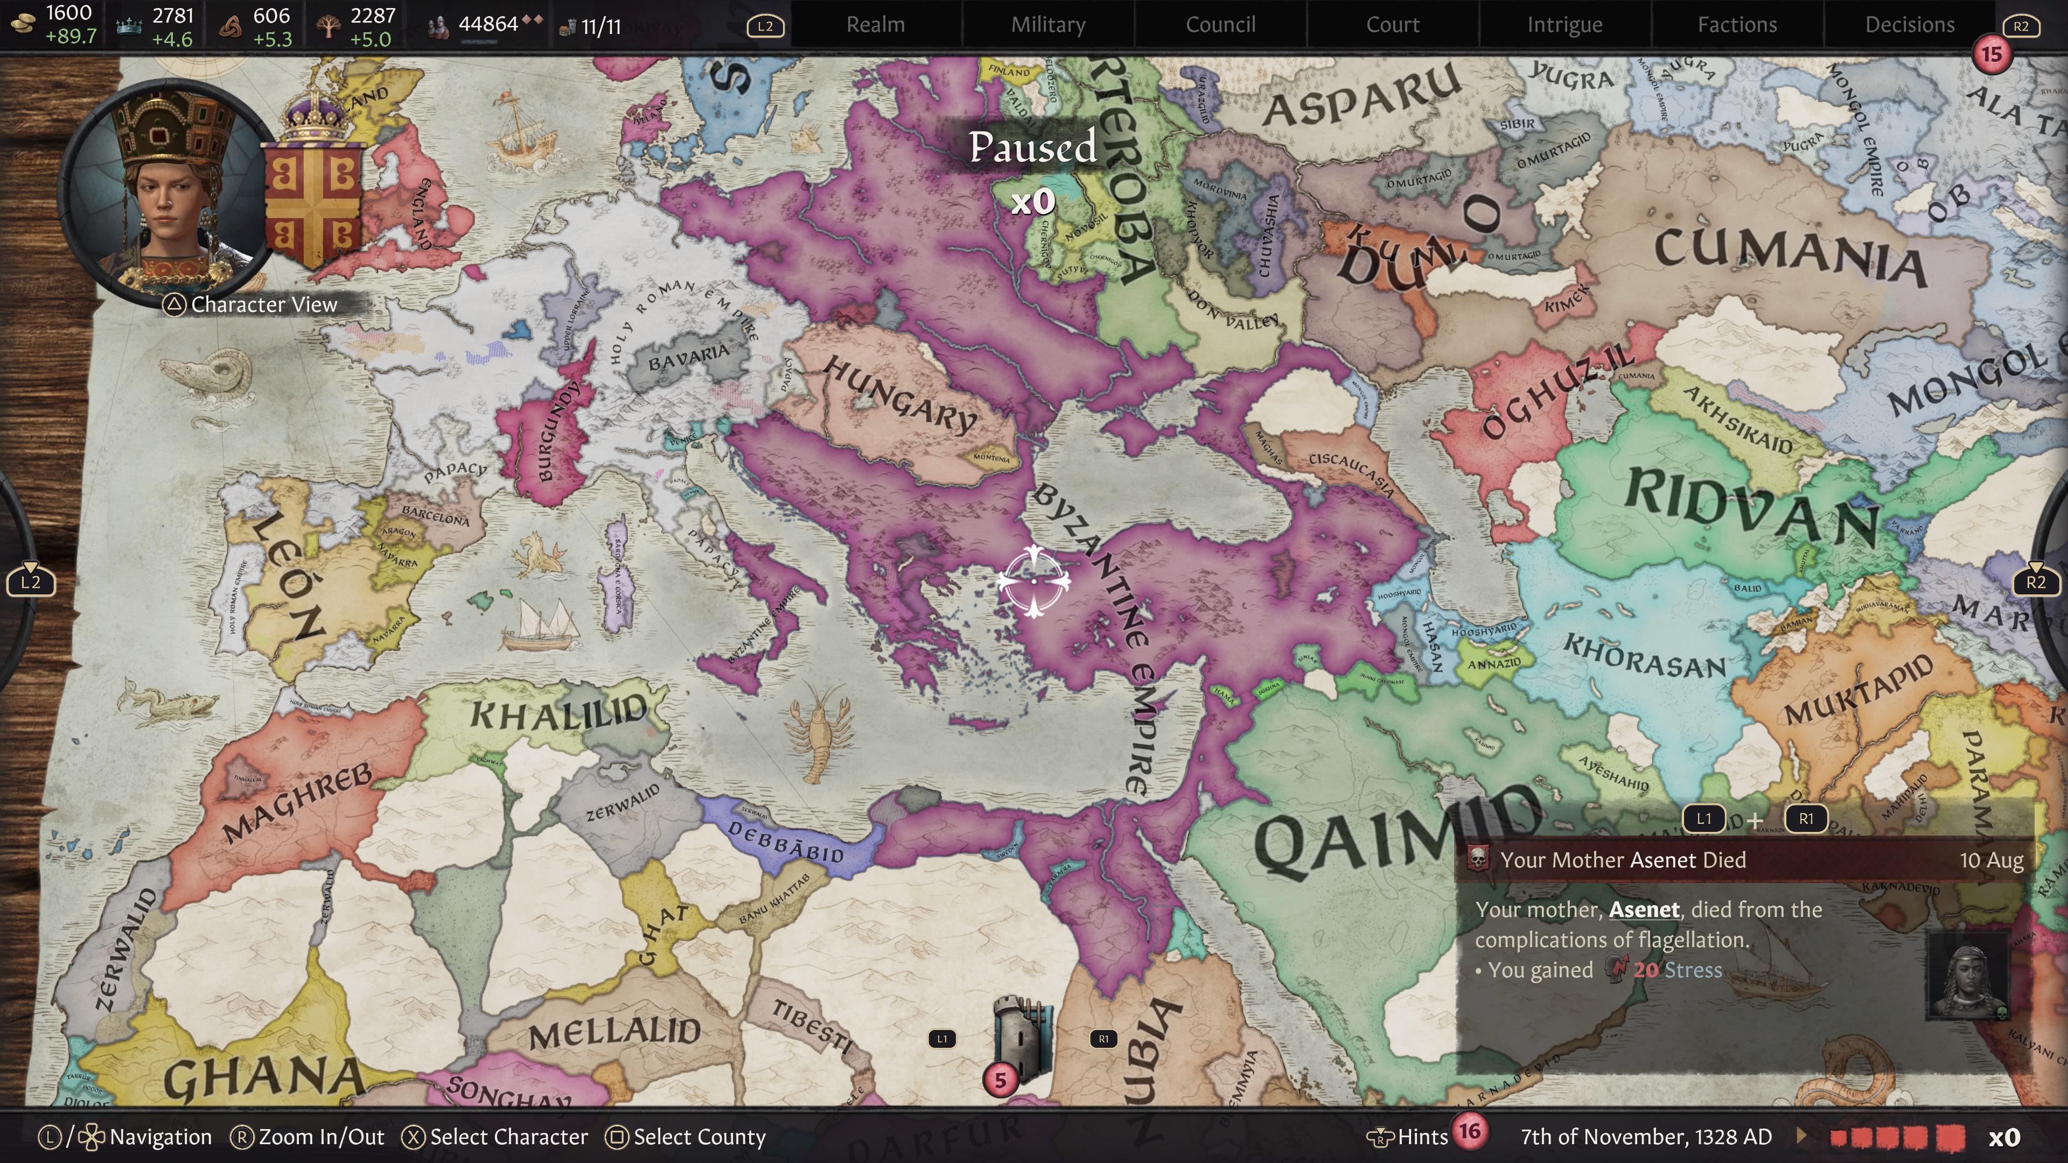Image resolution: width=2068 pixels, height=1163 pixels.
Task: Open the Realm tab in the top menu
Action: (875, 25)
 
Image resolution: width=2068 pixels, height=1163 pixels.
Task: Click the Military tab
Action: (1047, 25)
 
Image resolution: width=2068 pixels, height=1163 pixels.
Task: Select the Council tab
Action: (1220, 25)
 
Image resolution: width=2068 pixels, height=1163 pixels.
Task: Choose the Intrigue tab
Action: (1564, 25)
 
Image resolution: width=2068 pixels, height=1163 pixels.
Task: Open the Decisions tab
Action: (1910, 25)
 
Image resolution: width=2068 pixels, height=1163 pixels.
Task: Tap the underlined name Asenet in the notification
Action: (1643, 909)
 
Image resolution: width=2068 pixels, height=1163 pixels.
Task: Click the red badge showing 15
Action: (1991, 54)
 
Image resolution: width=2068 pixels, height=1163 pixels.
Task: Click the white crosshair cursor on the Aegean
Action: (1033, 581)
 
